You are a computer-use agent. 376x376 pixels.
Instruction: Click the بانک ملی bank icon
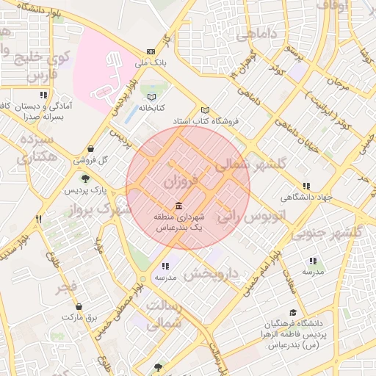[151, 51]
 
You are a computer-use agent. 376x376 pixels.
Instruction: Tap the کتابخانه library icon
[152, 97]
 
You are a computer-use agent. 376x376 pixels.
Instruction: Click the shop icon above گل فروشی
[90, 148]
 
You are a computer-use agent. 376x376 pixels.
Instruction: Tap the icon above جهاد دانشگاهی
[306, 186]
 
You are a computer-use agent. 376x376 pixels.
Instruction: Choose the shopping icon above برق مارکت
[79, 307]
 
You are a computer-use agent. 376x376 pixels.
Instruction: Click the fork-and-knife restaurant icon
[39, 219]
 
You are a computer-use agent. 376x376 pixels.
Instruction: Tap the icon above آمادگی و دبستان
[45, 95]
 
